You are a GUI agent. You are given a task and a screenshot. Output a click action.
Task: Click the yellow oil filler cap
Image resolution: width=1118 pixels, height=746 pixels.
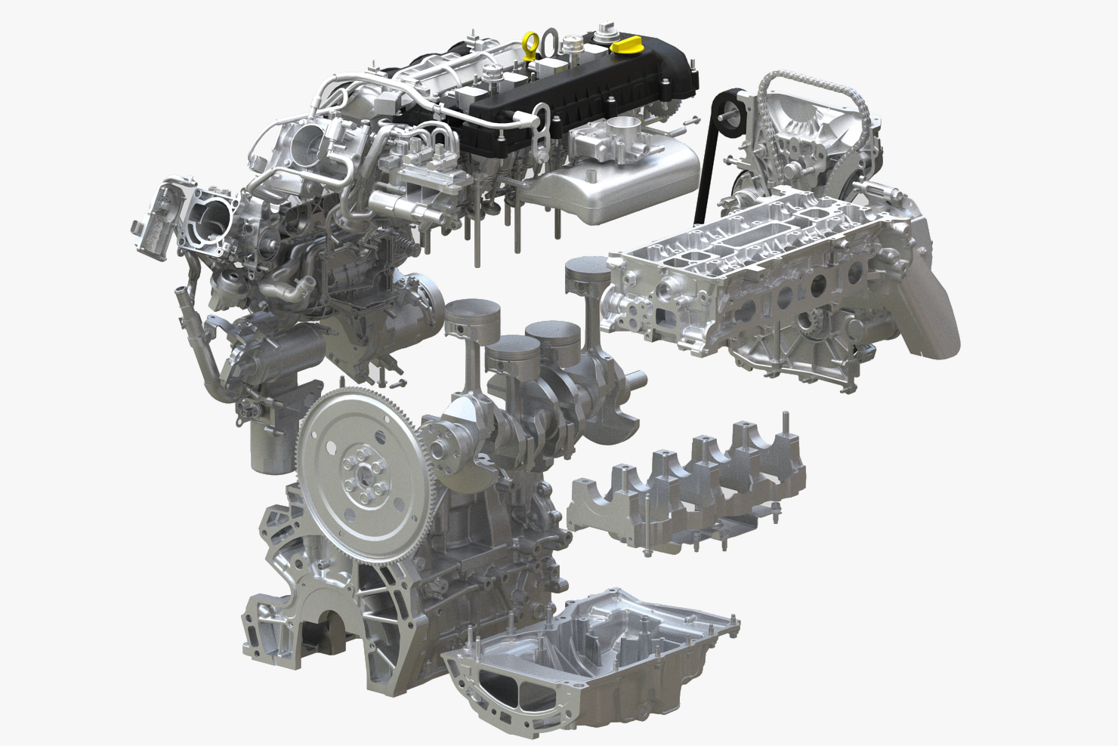(x=626, y=46)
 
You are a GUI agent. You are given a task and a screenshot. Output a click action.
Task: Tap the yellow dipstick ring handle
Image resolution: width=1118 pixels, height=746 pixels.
(x=531, y=45)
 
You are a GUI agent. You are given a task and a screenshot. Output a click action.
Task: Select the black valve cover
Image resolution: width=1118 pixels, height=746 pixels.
(x=597, y=91)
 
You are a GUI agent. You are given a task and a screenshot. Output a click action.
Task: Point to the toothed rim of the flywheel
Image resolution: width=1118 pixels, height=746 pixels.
(x=317, y=423)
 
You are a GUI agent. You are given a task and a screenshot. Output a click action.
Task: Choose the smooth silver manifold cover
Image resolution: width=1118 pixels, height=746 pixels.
(x=627, y=185)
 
